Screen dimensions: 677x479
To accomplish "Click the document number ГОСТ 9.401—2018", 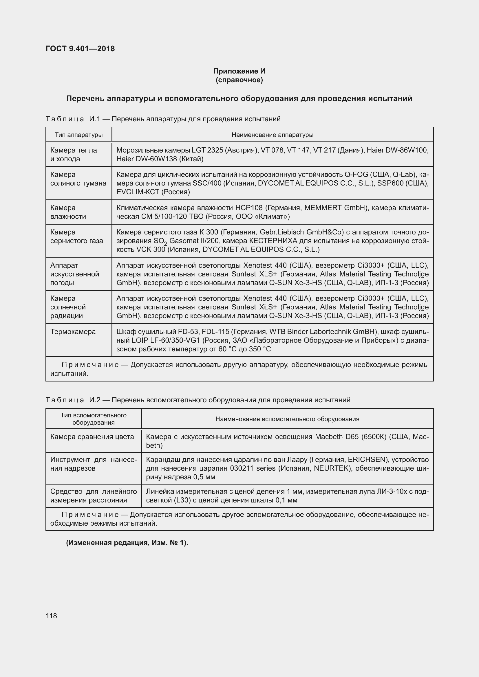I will (80, 49).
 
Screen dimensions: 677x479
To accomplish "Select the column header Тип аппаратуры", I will (79, 135).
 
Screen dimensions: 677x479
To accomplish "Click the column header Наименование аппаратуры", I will (272, 135).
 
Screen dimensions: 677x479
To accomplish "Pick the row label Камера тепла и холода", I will (74, 154).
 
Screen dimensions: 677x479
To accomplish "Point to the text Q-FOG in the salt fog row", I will (356, 174).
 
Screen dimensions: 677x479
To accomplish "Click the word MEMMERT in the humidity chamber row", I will (323, 208).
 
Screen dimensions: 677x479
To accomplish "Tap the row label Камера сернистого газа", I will (76, 236).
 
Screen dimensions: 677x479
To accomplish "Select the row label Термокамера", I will (73, 331).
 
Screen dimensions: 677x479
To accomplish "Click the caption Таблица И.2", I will (73, 400).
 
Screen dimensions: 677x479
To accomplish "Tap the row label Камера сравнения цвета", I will (92, 436).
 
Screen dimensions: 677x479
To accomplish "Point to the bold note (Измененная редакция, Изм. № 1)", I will (127, 542).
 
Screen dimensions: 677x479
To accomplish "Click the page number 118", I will (51, 616).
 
